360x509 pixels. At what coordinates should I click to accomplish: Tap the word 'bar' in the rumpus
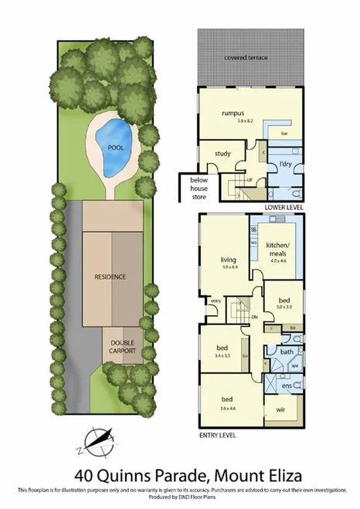(284, 134)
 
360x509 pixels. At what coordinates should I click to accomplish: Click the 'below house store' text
(199, 190)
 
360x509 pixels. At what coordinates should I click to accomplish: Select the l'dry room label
(285, 164)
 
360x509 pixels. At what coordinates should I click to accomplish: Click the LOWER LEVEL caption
(282, 209)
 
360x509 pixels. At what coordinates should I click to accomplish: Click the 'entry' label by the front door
(216, 300)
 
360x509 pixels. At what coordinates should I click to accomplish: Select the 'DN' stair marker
(254, 317)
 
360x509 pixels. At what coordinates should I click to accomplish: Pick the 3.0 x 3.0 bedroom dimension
(284, 306)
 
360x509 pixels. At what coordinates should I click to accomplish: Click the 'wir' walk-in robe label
(281, 410)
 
